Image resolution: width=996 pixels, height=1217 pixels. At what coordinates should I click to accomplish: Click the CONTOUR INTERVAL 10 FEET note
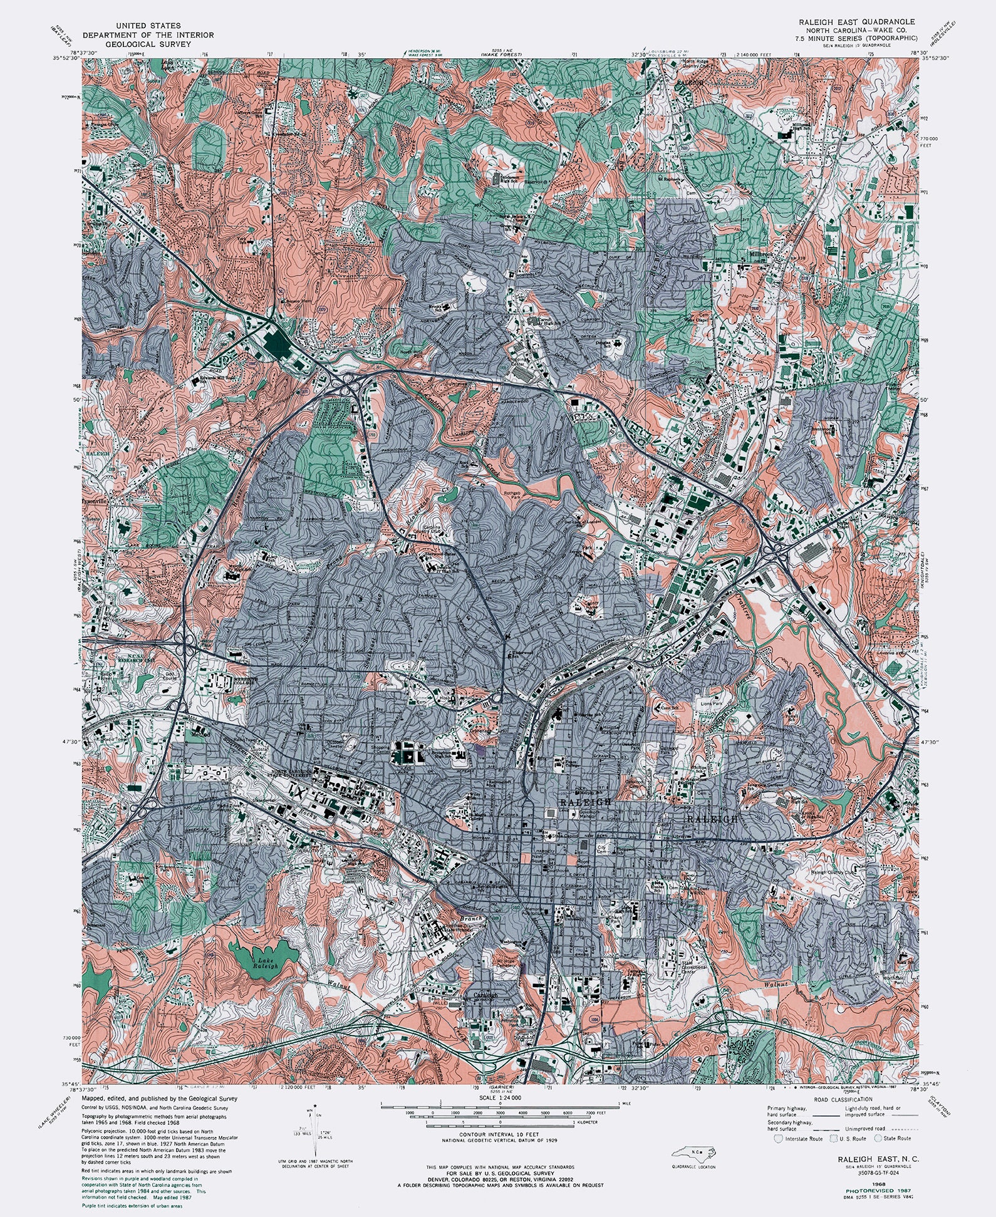(499, 1134)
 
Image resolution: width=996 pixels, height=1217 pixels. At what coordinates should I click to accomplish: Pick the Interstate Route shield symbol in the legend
(779, 1138)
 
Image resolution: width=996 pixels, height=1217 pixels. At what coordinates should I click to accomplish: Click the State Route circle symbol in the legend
(878, 1138)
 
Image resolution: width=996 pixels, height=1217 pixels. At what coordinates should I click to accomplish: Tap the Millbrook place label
(763, 255)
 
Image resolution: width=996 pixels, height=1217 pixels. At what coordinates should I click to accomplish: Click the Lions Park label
(712, 704)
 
